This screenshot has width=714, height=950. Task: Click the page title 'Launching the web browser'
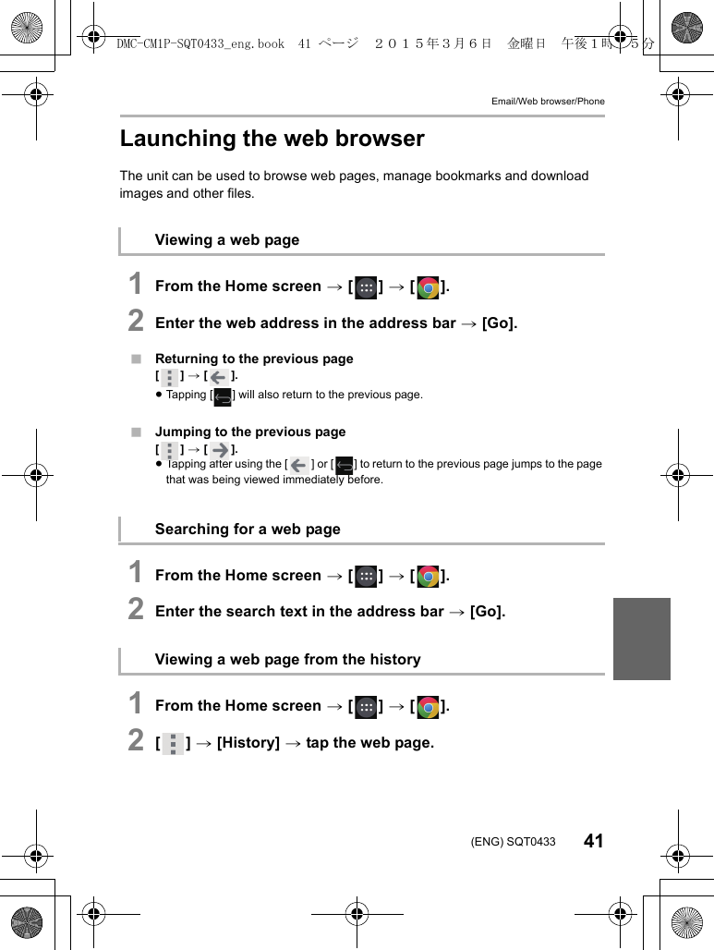(x=272, y=139)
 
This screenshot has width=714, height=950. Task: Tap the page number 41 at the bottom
(x=593, y=841)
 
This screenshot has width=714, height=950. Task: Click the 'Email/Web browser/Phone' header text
(x=548, y=101)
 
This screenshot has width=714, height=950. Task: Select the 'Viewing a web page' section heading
(x=227, y=240)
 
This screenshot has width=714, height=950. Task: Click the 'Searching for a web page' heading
(x=248, y=530)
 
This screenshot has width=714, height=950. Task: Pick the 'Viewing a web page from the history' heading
(x=287, y=660)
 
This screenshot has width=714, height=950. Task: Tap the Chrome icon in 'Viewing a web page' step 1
(x=428, y=287)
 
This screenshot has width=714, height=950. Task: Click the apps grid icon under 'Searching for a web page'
(x=366, y=577)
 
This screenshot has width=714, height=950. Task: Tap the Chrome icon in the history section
(x=428, y=707)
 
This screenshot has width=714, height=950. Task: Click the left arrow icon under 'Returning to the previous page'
(x=219, y=377)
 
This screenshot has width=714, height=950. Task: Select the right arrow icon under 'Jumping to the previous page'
(x=219, y=450)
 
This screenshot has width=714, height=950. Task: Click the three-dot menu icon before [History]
(x=172, y=744)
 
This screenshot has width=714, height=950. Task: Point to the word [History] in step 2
(x=248, y=743)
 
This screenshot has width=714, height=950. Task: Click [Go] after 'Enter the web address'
(x=500, y=323)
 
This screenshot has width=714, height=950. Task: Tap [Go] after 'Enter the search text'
(x=488, y=612)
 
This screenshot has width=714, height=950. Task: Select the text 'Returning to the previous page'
(x=254, y=359)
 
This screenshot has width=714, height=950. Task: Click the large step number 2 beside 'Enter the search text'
(x=136, y=610)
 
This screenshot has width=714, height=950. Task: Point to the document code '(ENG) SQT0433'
(x=513, y=842)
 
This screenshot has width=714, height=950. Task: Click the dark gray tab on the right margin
(x=641, y=639)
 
